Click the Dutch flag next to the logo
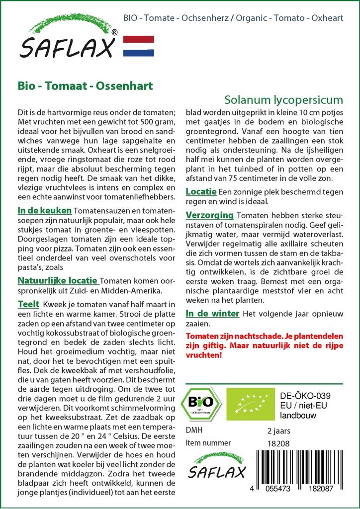[x=138, y=45]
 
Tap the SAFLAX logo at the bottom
[x=216, y=468]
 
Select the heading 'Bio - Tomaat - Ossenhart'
[x=85, y=85]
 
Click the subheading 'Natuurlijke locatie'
[x=57, y=281]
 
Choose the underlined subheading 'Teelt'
[x=28, y=303]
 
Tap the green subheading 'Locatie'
[x=201, y=191]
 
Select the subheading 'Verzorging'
[x=209, y=215]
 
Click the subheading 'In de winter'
[x=212, y=314]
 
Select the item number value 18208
[x=278, y=443]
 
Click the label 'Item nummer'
[x=208, y=443]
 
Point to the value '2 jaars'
[x=278, y=430]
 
